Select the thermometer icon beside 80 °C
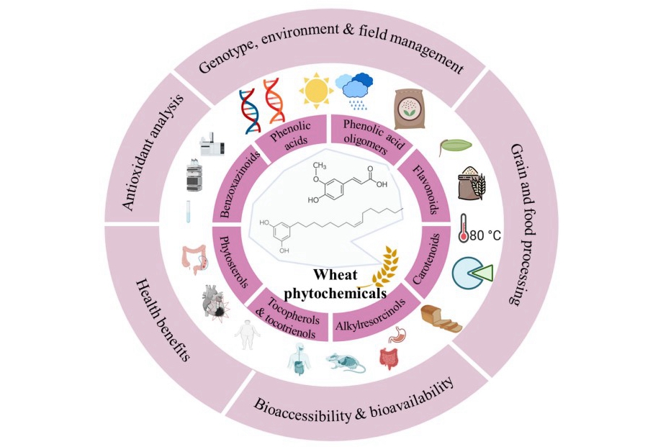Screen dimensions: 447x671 (464, 229)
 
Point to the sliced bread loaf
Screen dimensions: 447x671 (441, 318)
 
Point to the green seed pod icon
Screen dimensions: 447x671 (451, 146)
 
